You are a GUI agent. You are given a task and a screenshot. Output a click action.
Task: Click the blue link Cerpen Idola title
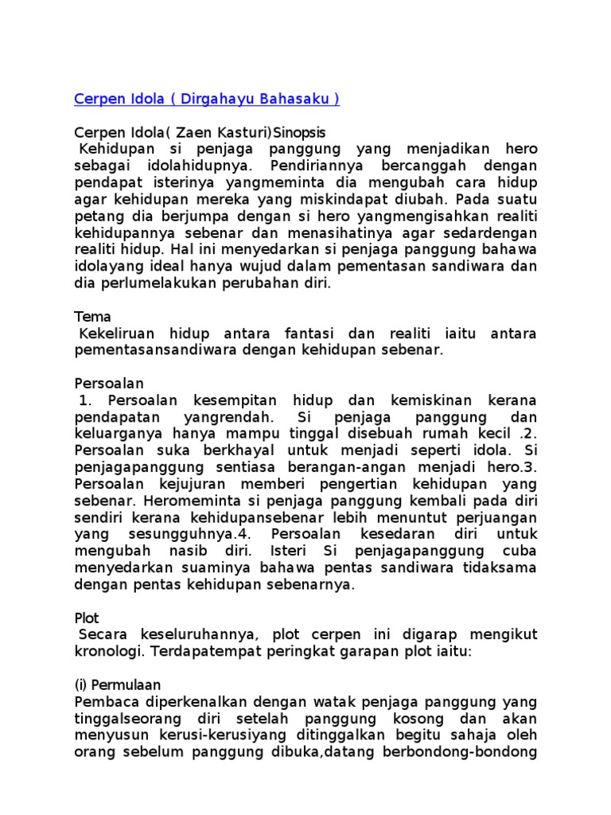(207, 99)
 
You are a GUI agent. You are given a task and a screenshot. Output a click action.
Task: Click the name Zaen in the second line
(197, 132)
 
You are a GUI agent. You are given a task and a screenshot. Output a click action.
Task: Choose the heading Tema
(92, 317)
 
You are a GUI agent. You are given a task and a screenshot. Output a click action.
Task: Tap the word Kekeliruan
(118, 333)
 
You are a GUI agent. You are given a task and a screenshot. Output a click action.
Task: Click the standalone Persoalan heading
(110, 384)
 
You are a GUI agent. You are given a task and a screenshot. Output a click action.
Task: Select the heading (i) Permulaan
(117, 685)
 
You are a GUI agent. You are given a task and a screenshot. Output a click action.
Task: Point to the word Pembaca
(105, 702)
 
